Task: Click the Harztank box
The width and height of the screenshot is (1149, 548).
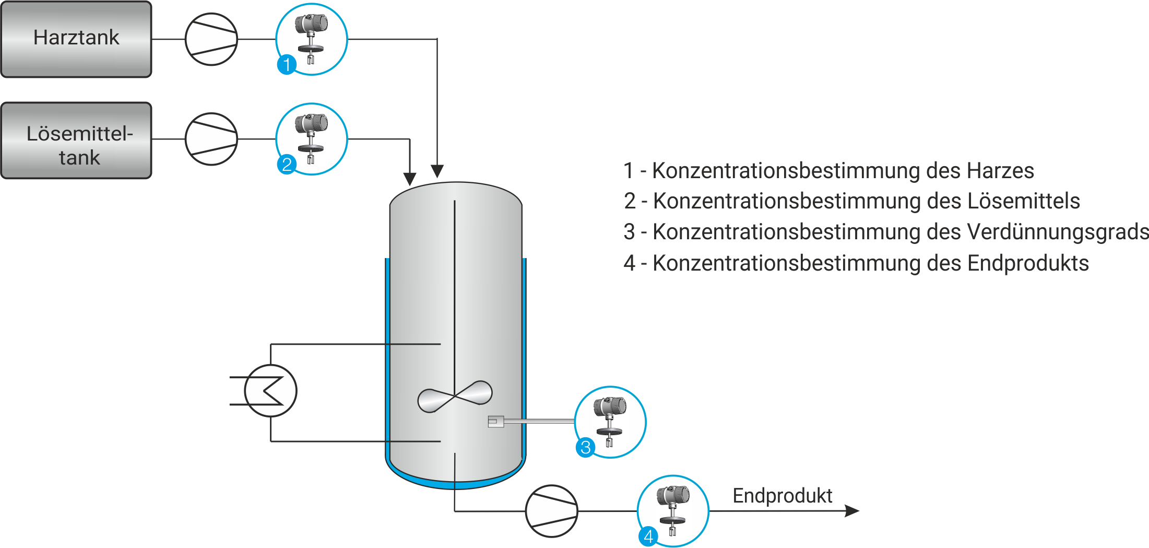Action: click(76, 39)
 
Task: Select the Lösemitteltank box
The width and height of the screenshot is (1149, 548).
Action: click(76, 141)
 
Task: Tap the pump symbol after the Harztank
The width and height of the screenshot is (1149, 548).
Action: click(211, 39)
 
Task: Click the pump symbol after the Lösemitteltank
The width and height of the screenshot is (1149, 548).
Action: click(211, 139)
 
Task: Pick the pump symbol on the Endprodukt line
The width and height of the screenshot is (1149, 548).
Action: click(551, 511)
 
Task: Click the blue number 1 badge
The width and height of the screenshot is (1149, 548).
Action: click(287, 65)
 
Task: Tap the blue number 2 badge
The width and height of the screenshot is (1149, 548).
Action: click(287, 165)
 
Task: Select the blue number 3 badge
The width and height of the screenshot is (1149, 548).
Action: click(586, 447)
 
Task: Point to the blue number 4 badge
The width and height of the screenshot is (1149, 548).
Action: click(648, 536)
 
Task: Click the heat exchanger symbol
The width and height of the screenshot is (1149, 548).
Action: click(270, 391)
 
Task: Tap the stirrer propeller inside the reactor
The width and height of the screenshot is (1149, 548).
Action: click(455, 397)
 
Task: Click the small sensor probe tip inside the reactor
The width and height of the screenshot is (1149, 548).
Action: click(495, 421)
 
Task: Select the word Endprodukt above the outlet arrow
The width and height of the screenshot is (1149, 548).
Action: click(782, 496)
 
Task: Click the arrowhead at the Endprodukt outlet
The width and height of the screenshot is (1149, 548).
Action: click(852, 511)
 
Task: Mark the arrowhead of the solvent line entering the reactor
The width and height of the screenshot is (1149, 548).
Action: click(410, 179)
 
